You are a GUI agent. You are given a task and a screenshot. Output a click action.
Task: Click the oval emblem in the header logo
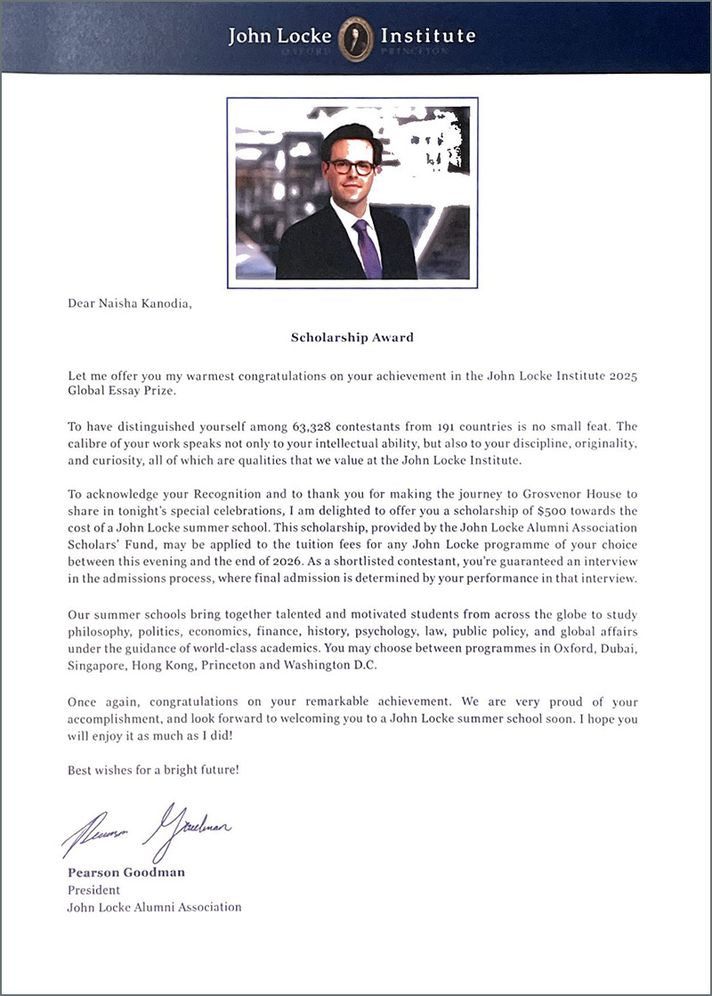pos(355,37)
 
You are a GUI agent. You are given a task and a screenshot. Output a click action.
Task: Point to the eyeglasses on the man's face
pos(350,166)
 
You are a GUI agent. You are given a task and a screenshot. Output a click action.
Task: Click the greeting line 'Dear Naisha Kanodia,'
pos(130,304)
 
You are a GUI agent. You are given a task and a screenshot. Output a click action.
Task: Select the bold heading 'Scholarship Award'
pos(352,337)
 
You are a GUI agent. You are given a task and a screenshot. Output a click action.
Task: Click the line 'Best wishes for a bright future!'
pos(153,769)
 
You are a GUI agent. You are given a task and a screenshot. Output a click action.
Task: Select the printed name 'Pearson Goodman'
pos(126,872)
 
